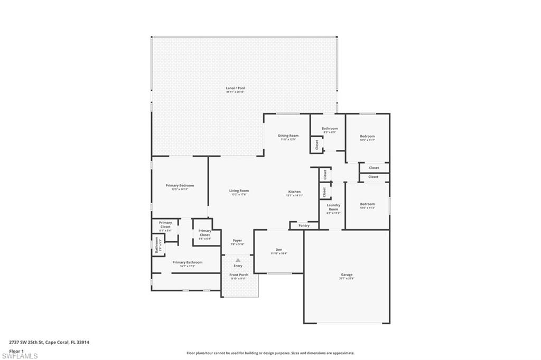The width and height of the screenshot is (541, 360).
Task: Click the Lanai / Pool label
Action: point(235,88)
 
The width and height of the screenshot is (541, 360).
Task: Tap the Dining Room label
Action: point(288,136)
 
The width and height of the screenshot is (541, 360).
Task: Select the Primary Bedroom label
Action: point(180,185)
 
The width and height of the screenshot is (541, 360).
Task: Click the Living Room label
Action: point(239,191)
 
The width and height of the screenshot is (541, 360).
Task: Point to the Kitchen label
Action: point(294,192)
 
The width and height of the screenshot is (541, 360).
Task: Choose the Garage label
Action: point(347,274)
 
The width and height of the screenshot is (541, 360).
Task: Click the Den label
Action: point(278,250)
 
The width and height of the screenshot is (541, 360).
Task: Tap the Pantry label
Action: point(304,225)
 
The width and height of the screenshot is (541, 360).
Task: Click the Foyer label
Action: point(237,241)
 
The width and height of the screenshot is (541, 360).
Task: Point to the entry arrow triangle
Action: point(238,260)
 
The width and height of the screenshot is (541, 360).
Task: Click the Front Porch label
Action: point(238,274)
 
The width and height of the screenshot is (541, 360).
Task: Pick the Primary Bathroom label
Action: point(187,262)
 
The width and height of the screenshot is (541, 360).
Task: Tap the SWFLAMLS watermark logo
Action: point(19,356)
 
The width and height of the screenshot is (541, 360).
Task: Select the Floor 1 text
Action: point(17,350)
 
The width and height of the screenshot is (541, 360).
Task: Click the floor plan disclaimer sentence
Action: point(270,353)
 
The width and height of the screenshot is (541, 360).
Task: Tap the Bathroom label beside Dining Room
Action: point(330,128)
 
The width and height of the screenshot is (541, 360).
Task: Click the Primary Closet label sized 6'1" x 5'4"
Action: point(165,224)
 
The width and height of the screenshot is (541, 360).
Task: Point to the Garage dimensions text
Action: point(347,278)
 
